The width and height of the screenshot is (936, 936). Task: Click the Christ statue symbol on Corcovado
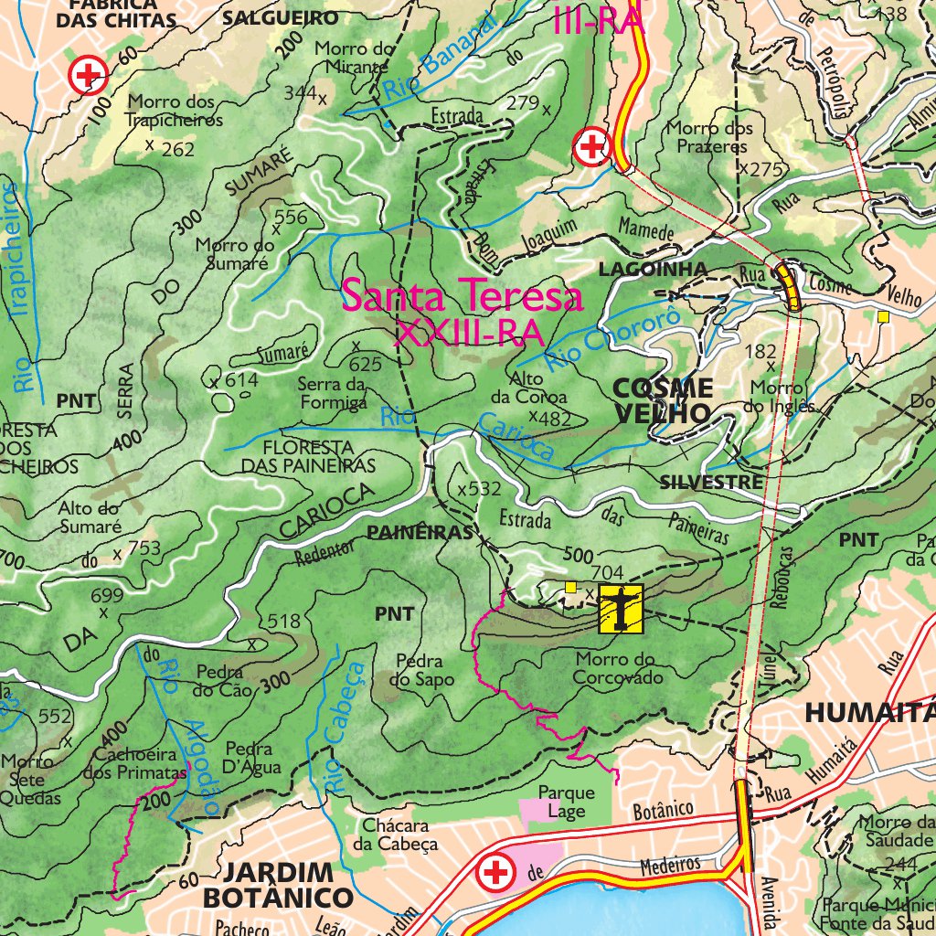621,610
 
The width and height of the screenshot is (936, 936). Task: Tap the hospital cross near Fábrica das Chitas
89,75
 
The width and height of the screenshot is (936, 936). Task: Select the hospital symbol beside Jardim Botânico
496,873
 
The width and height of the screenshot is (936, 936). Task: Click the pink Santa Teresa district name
463,297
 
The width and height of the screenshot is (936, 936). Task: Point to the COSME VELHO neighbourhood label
663,399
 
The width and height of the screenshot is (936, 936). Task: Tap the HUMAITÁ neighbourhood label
869,712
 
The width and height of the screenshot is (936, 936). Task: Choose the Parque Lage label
566,802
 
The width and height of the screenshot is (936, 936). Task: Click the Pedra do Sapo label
420,670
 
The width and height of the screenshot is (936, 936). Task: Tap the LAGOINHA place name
653,269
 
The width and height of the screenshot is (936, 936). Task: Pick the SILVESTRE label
711,482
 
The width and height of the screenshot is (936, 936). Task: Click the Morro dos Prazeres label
709,137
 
